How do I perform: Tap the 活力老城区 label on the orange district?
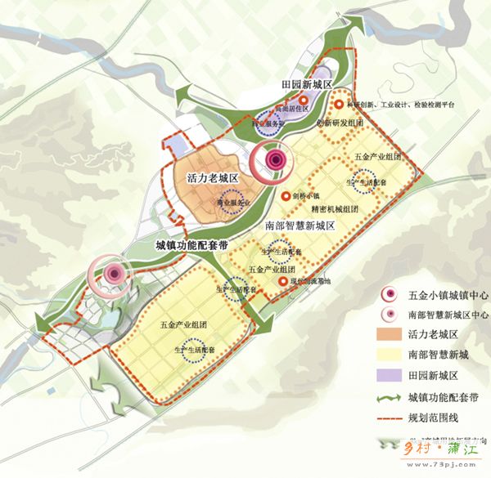[211, 178]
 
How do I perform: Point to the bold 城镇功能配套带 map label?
[191, 245]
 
